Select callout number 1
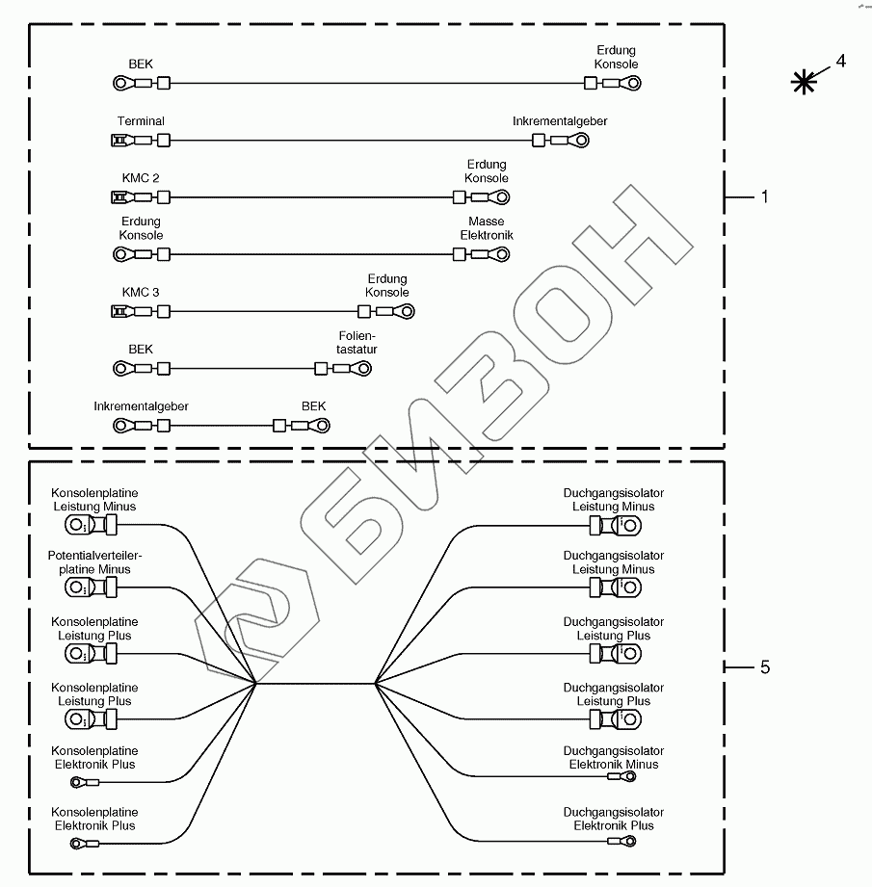click(x=764, y=196)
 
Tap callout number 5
click(x=764, y=666)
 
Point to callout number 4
click(x=840, y=61)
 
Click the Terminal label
click(x=141, y=121)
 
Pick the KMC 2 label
click(x=141, y=178)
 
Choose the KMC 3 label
click(x=141, y=292)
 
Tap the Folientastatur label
click(x=351, y=343)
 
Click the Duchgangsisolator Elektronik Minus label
click(x=614, y=758)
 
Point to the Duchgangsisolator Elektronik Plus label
click(x=614, y=819)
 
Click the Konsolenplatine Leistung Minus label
click(x=94, y=500)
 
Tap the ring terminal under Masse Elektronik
click(x=499, y=255)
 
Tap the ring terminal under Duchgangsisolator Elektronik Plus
click(x=626, y=841)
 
